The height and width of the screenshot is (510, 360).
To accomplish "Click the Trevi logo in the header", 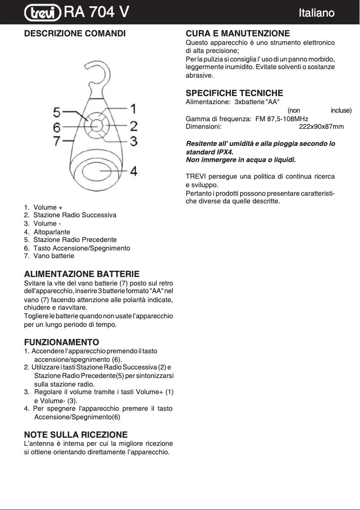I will pyautogui.click(x=43, y=13).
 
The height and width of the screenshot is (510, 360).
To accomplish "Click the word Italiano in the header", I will pyautogui.click(x=316, y=13).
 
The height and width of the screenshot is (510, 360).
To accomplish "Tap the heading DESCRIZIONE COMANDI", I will pyautogui.click(x=75, y=34).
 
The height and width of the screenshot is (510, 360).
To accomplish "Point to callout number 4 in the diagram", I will pyautogui.click(x=133, y=171).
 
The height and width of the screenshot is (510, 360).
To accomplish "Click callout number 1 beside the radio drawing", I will pyautogui.click(x=133, y=109).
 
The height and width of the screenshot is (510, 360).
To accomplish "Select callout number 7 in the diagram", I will pyautogui.click(x=57, y=141).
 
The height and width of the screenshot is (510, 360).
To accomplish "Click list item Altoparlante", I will pyautogui.click(x=52, y=232).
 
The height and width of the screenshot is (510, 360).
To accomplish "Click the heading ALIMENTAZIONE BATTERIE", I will pyautogui.click(x=82, y=274).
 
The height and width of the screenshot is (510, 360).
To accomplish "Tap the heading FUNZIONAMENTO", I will pyautogui.click(x=61, y=343).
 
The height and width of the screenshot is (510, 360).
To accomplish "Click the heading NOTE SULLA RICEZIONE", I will pyautogui.click(x=75, y=435).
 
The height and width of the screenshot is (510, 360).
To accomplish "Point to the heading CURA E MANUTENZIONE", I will pyautogui.click(x=237, y=34).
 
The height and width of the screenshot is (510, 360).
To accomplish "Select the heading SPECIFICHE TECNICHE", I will pyautogui.click(x=234, y=93).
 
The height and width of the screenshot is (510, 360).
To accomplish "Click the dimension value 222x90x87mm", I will pyautogui.click(x=321, y=127).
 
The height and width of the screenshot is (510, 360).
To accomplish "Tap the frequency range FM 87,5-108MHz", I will pyautogui.click(x=281, y=119).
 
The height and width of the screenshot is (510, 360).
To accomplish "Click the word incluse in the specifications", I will pyautogui.click(x=341, y=110).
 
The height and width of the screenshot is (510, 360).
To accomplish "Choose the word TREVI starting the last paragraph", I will pyautogui.click(x=196, y=176).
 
